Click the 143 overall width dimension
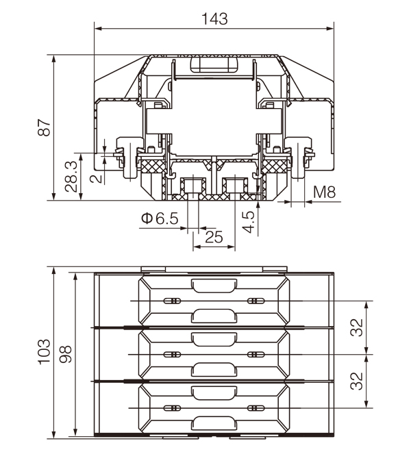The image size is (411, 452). (x=214, y=18)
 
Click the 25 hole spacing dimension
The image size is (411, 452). (x=214, y=237)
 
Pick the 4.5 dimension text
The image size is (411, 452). (x=249, y=223)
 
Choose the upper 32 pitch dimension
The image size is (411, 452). (x=356, y=328)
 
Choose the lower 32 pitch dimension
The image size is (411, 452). (x=356, y=381)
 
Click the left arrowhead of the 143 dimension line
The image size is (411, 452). (x=97, y=29)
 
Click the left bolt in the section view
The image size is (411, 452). (x=126, y=158)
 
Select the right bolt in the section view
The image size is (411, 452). (x=301, y=158)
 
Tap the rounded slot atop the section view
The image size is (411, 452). (x=214, y=65)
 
